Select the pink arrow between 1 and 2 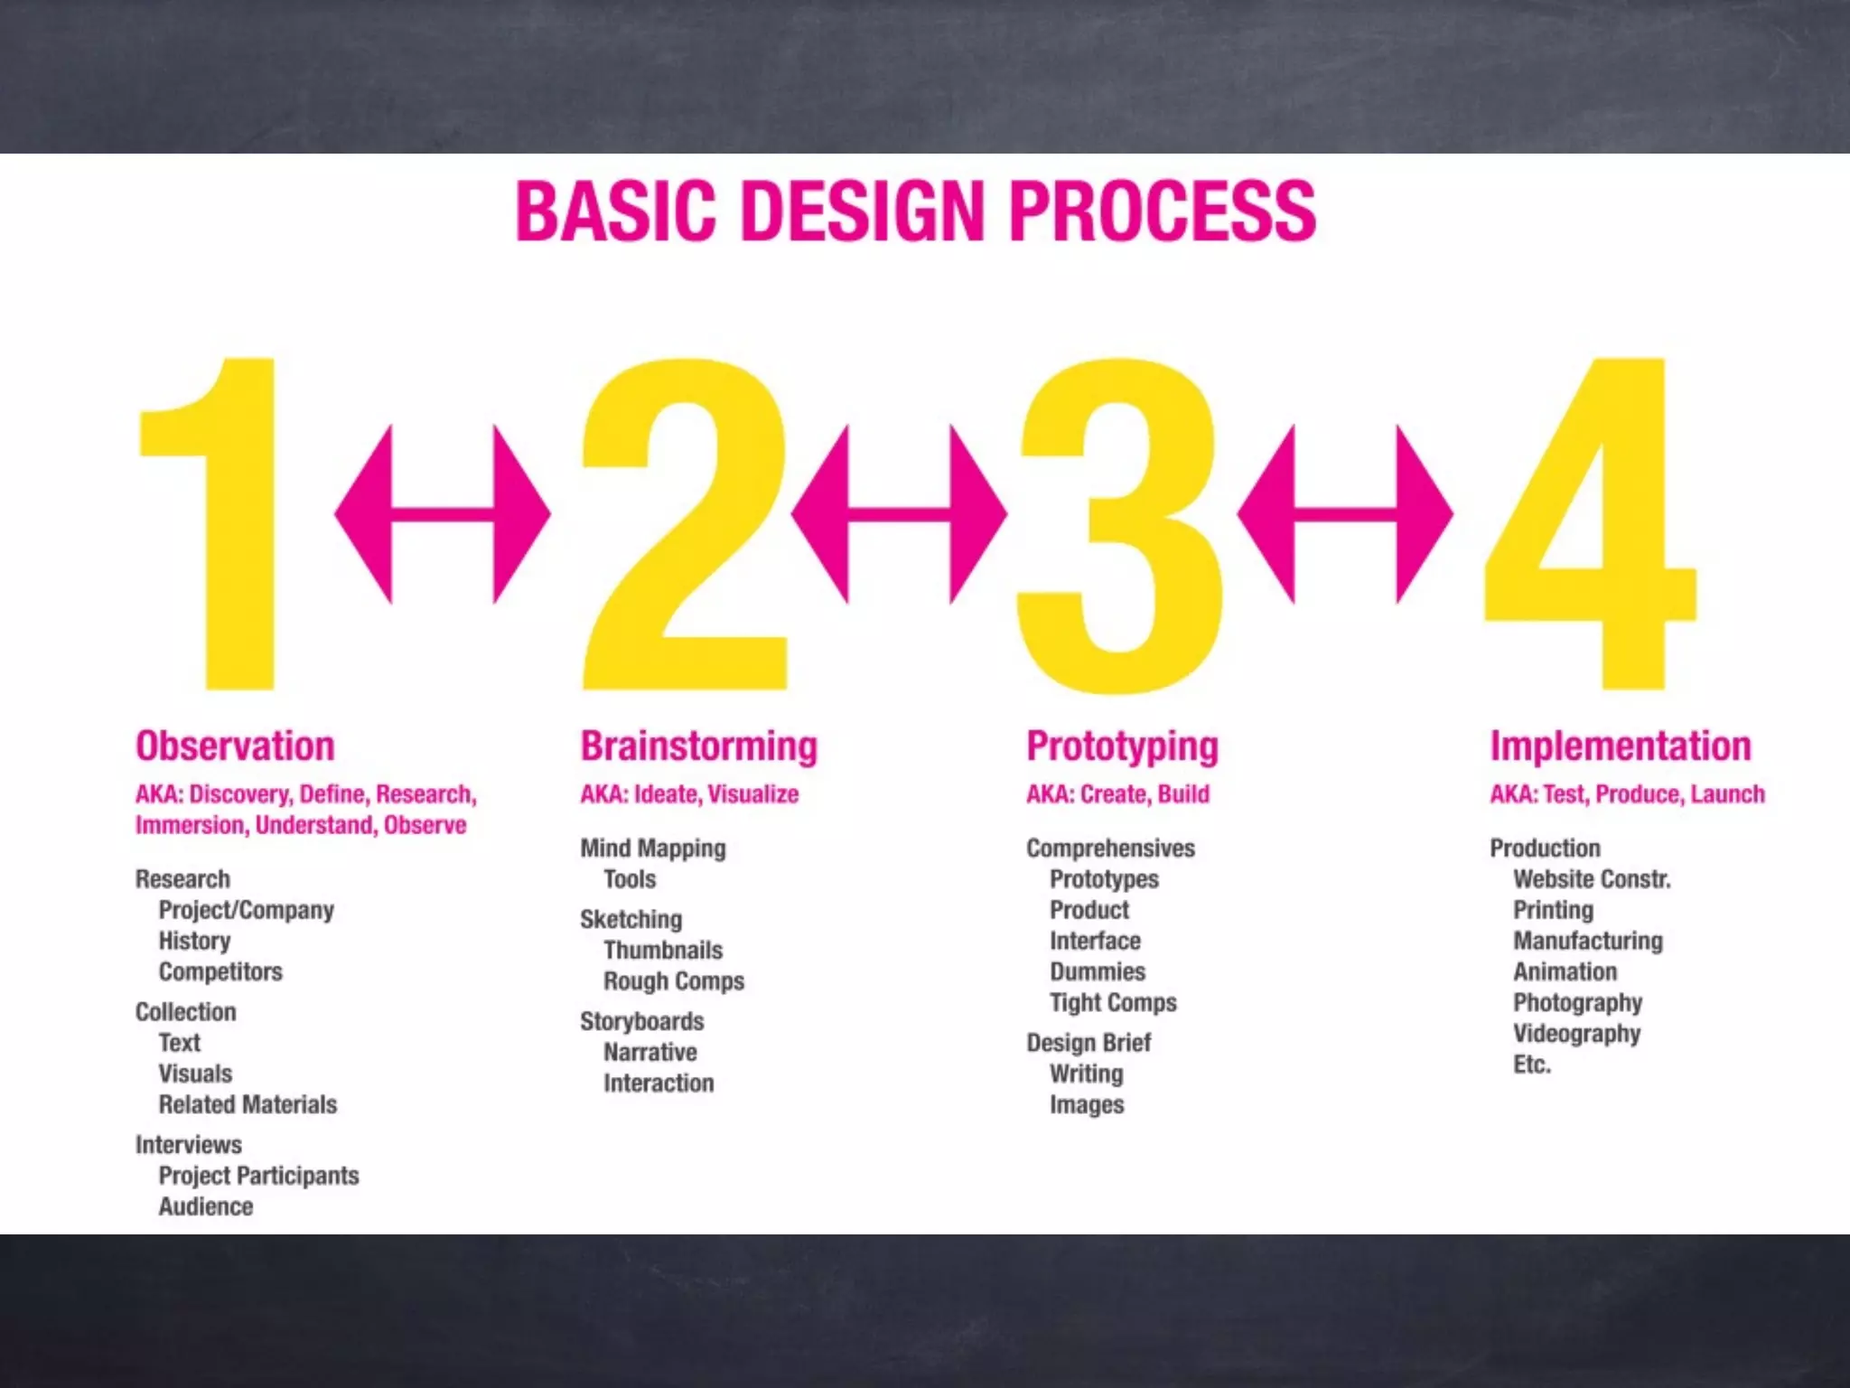pos(443,514)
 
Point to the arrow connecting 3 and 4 pos(1344,514)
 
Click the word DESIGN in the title pos(862,212)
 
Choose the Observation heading pos(235,746)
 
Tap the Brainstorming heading pos(698,746)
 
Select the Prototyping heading pos(1122,746)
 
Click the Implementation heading pos(1620,746)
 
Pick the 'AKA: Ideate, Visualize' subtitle pos(689,794)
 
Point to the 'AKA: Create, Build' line pos(1117,794)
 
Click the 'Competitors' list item pos(220,971)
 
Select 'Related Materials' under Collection pos(248,1104)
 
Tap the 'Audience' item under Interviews pos(206,1206)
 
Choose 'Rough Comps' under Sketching pos(674,981)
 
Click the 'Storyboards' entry pos(641,1021)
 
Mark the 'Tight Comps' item pos(1113,1002)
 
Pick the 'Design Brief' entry pos(1089,1043)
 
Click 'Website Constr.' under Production pos(1592,879)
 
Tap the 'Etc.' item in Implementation pos(1532,1064)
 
